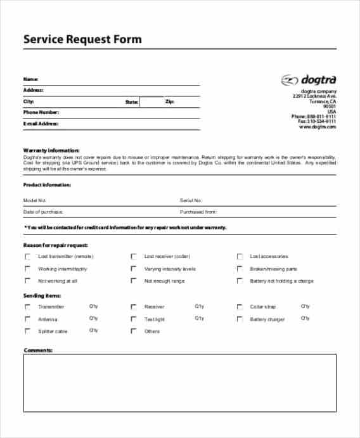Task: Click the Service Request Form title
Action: point(82,39)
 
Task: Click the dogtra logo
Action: point(309,80)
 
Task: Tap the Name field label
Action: point(30,79)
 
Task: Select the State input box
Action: point(151,102)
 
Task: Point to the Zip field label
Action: point(169,101)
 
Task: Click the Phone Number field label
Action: point(41,112)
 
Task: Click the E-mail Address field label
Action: point(41,124)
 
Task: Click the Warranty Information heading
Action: point(51,150)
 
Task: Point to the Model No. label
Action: point(35,200)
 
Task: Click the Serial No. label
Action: point(191,200)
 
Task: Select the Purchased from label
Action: point(198,212)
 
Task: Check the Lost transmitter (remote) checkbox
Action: point(27,257)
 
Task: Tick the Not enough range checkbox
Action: point(134,281)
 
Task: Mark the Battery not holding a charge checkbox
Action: point(240,281)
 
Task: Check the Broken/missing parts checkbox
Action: point(240,269)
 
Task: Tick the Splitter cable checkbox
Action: point(27,331)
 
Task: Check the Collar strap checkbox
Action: point(240,307)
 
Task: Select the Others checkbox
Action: point(134,331)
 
